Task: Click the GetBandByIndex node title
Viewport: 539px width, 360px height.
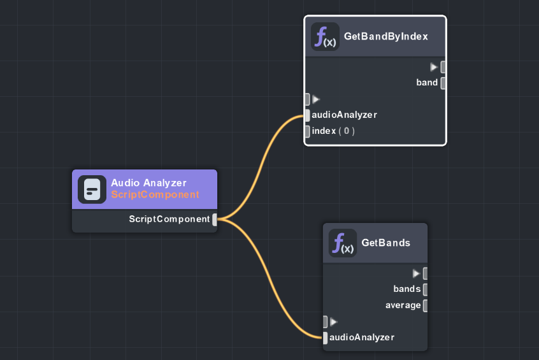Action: (385, 36)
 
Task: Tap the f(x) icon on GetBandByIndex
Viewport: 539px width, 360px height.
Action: (325, 36)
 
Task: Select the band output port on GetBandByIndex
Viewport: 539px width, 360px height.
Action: (443, 83)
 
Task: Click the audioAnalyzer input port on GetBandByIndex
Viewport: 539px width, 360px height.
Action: (307, 115)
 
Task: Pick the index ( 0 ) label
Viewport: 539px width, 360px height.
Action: (333, 131)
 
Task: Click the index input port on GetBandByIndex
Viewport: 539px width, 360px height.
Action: (307, 131)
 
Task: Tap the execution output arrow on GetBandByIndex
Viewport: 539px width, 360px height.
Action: (434, 67)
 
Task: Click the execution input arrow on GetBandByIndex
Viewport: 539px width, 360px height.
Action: (316, 99)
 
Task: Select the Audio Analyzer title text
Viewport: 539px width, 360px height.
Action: (148, 183)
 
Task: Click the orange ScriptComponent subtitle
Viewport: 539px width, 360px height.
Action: (155, 194)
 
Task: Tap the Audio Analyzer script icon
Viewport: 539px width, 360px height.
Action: (92, 189)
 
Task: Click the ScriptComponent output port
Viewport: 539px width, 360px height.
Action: (215, 220)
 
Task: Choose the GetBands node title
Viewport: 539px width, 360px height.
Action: (385, 243)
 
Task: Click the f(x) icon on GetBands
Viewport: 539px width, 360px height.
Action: (343, 243)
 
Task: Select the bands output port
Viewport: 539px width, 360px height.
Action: (425, 289)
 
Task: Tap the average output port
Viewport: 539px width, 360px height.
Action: (425, 305)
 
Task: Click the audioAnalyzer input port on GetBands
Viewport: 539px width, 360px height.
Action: (325, 338)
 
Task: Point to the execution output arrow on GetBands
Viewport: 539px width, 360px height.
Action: (416, 273)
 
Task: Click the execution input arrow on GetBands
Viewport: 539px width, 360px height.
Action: (334, 322)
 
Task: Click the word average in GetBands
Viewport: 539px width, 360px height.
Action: (403, 305)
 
